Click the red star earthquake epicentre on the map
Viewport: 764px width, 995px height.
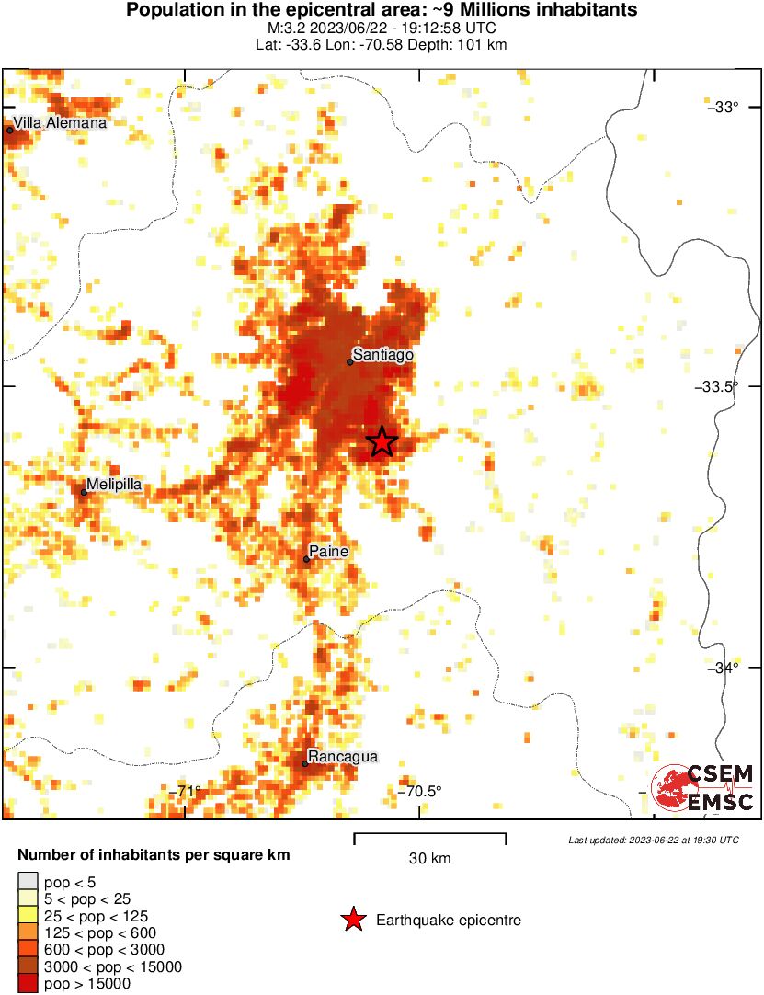point(382,441)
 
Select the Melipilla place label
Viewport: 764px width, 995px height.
point(113,484)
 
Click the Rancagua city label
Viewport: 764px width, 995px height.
point(342,757)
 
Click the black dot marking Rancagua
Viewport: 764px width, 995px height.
point(305,763)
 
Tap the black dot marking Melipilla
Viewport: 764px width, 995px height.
point(84,492)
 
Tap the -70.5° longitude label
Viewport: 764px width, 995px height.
point(419,791)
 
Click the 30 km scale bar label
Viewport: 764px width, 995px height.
point(429,859)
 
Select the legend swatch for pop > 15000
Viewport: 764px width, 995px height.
point(28,984)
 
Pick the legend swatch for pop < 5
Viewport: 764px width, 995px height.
point(28,882)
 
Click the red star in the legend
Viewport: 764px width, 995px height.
point(352,920)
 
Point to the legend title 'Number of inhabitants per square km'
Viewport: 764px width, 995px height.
point(154,855)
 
